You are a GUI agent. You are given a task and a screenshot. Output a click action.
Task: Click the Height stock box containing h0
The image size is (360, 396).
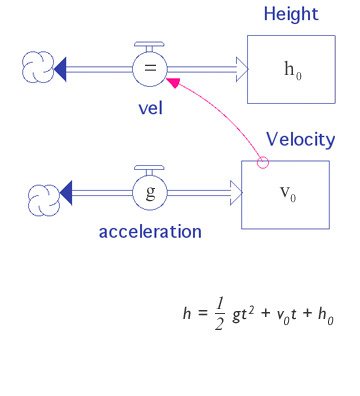290,69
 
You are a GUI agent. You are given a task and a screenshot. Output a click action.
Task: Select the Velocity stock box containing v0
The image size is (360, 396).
285,191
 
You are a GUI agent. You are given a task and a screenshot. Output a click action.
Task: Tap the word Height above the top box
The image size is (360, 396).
290,14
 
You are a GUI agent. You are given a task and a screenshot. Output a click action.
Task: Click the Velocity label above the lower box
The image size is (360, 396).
300,139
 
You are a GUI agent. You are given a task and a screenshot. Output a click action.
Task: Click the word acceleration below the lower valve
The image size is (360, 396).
150,232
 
